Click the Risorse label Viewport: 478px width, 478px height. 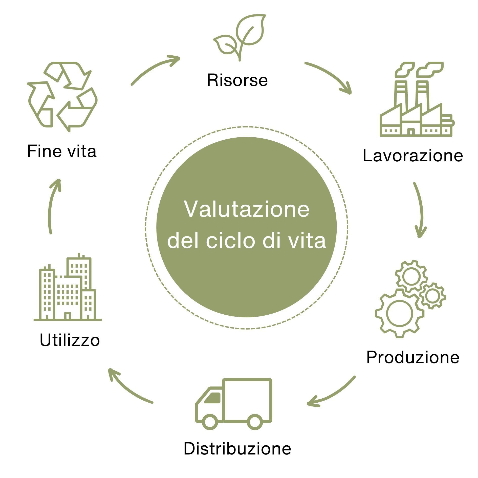click(237, 80)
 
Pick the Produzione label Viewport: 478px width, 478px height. click(412, 357)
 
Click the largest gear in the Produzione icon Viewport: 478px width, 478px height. click(400, 314)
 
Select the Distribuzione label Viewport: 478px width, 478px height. click(237, 448)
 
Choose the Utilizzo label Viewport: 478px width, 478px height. click(70, 340)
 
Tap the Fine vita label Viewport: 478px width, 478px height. click(62, 151)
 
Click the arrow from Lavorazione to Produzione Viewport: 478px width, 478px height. click(420, 210)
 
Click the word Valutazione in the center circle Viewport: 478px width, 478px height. click(247, 209)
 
